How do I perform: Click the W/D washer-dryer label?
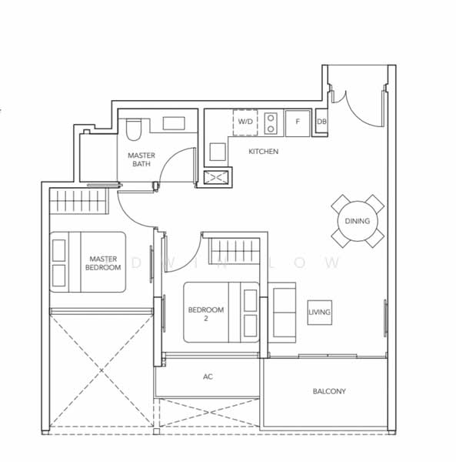[245, 122]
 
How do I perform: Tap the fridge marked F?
[298, 123]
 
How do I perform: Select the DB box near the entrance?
[321, 122]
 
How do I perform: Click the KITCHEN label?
[263, 152]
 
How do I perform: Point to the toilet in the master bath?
[134, 129]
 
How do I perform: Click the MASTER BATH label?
[141, 159]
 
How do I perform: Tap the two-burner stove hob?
[271, 123]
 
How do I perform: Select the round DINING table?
[358, 221]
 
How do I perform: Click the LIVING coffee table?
[319, 313]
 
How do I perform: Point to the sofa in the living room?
[282, 313]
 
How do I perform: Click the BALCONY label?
[329, 391]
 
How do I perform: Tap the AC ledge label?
[208, 377]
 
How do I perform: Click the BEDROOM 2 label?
[206, 314]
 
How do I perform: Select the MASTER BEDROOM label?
[103, 263]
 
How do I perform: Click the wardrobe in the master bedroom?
[79, 201]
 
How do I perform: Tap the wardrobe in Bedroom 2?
[235, 251]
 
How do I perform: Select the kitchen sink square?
[218, 152]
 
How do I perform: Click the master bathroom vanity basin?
[174, 123]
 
